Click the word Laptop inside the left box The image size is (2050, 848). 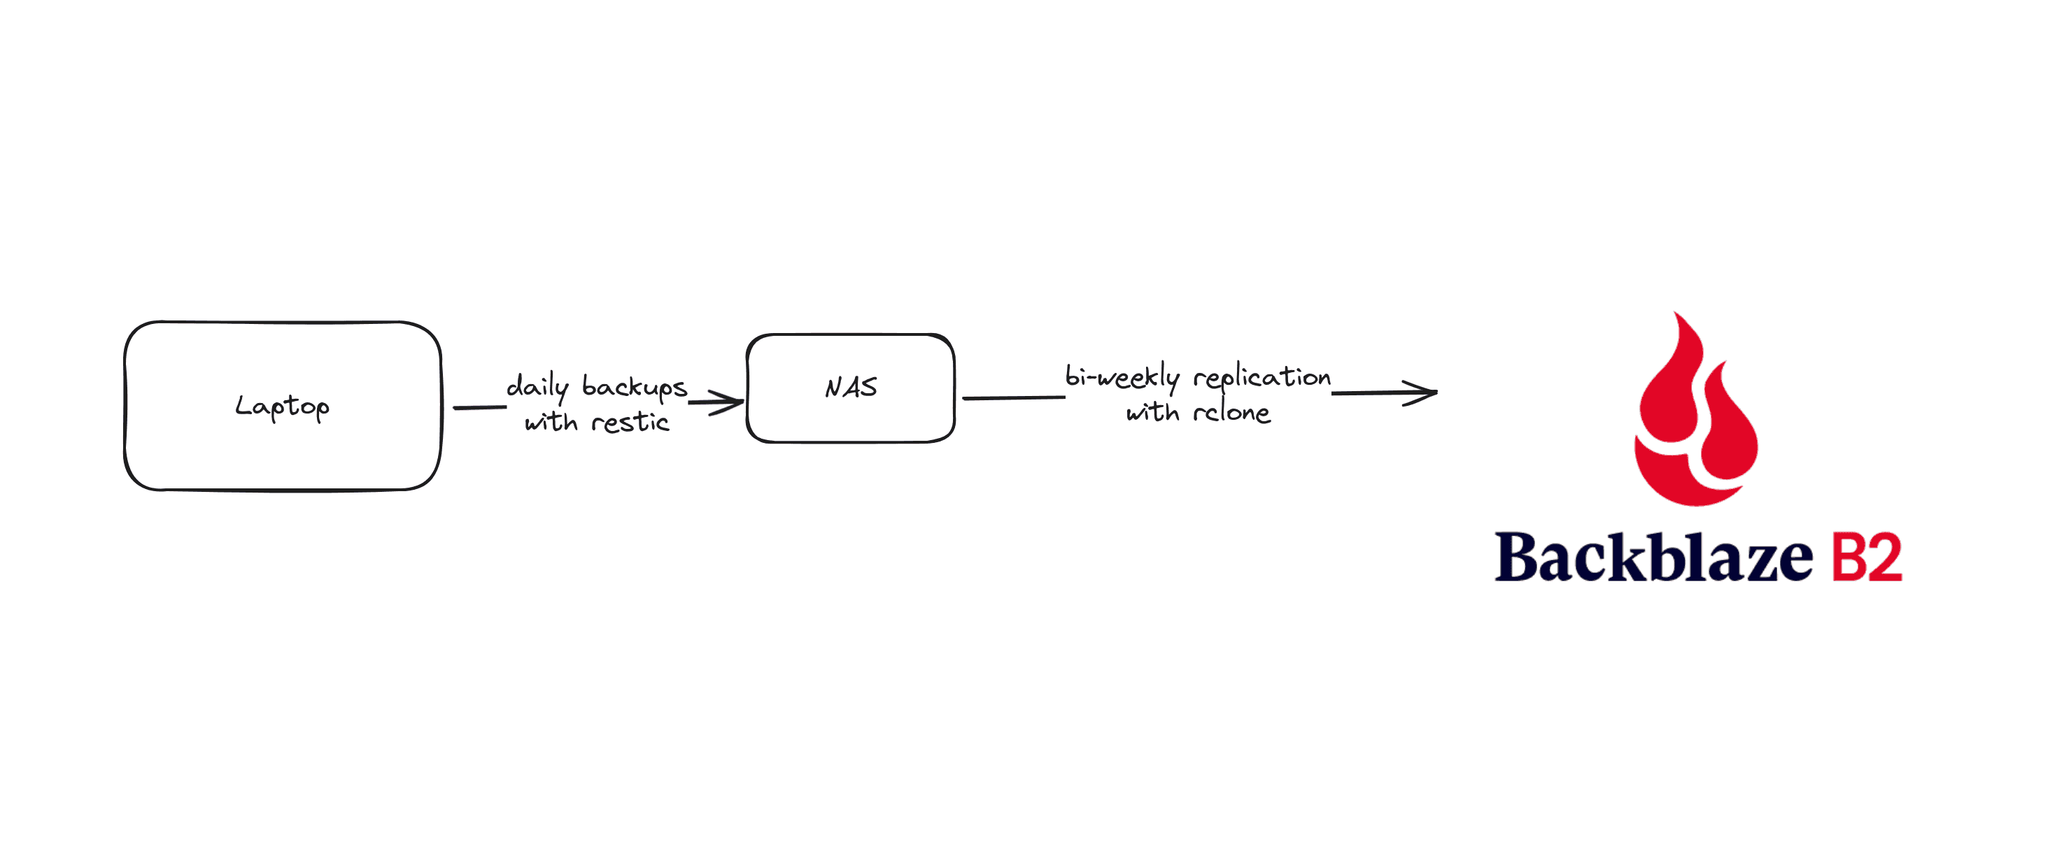click(x=283, y=407)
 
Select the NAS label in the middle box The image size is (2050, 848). click(x=851, y=388)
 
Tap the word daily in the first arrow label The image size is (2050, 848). click(x=538, y=388)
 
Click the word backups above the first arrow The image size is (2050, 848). click(x=635, y=387)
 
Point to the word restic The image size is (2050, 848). click(x=630, y=422)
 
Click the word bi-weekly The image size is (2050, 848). click(x=1122, y=376)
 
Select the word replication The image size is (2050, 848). click(x=1262, y=377)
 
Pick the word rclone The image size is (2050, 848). click(x=1232, y=411)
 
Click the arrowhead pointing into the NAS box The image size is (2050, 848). click(x=725, y=402)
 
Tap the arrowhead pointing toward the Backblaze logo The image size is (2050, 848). click(x=1420, y=393)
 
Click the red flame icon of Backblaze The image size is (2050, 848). click(x=1696, y=409)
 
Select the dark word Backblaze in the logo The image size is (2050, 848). click(x=1654, y=557)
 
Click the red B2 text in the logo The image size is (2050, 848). click(x=1867, y=558)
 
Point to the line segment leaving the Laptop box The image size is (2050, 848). click(x=480, y=407)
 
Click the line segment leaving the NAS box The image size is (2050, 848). click(x=1014, y=397)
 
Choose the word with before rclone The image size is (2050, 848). click(x=1152, y=411)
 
